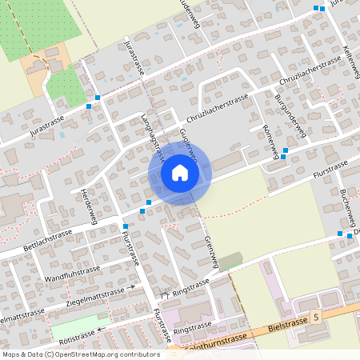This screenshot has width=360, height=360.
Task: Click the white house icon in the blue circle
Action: (180, 172)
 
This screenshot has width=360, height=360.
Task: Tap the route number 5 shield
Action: (316, 318)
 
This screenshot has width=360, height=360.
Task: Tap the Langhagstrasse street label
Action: (152, 137)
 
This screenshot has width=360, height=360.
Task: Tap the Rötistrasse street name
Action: (78, 335)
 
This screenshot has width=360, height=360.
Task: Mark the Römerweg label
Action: (270, 142)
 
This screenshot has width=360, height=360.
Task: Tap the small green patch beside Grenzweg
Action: (230, 261)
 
